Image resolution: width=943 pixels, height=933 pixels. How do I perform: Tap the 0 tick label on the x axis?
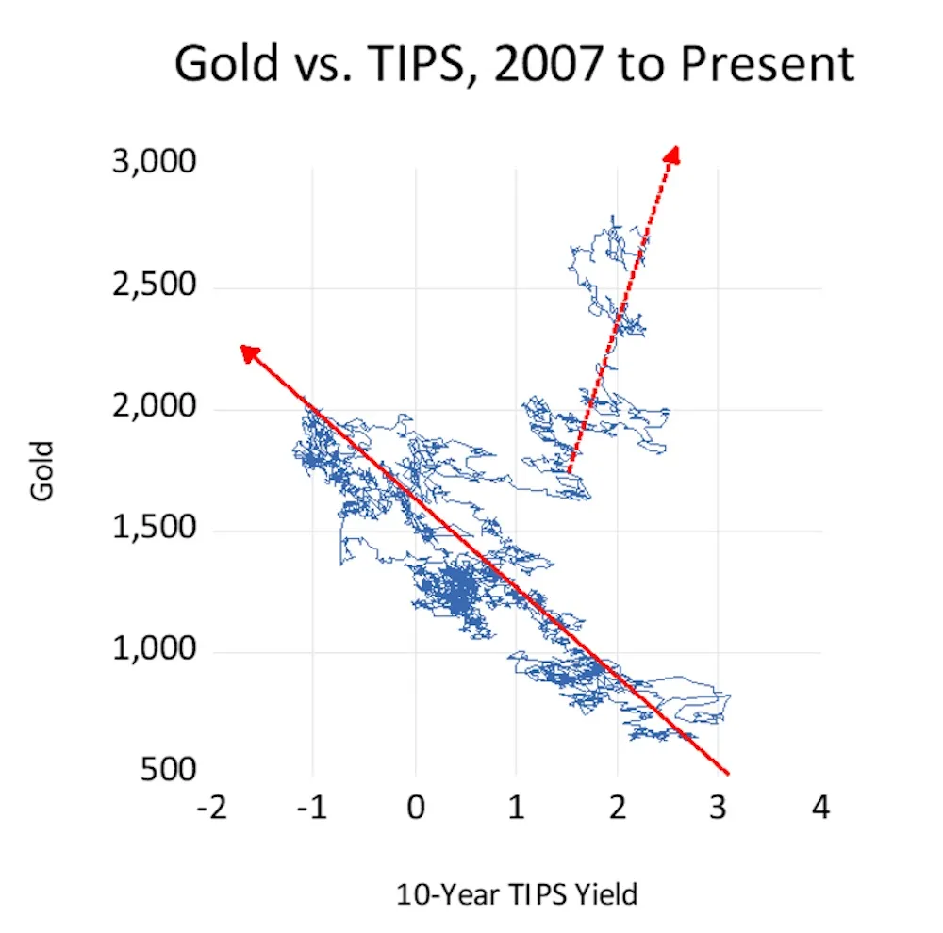pyautogui.click(x=416, y=809)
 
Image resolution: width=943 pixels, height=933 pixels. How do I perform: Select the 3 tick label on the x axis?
pyautogui.click(x=720, y=809)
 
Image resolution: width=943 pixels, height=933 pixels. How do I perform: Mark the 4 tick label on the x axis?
pyautogui.click(x=821, y=809)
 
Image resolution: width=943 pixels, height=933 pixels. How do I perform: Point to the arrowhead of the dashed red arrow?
pyautogui.click(x=673, y=154)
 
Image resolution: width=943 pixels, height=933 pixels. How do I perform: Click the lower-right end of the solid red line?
pyautogui.click(x=728, y=773)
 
